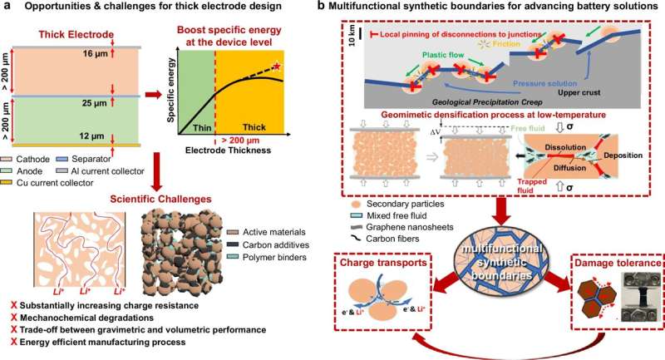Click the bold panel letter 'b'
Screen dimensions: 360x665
(346, 7)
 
